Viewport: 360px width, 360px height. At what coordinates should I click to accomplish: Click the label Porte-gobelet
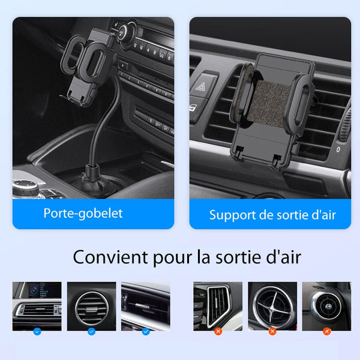pos(83,214)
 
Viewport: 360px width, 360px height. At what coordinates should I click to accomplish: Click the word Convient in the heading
pos(110,257)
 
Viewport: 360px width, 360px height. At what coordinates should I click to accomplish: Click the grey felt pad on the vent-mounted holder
pos(269,104)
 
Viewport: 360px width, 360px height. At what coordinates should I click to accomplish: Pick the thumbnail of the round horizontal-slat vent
pos(91,306)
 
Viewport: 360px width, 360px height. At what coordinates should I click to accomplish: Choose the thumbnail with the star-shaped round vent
pos(272,306)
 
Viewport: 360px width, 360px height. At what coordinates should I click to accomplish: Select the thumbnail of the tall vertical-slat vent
pos(218,306)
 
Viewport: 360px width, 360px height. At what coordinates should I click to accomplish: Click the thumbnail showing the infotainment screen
pos(37,306)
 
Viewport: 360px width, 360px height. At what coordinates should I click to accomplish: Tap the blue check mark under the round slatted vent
pos(91,332)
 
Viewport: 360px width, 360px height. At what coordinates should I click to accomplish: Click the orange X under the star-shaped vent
pos(272,332)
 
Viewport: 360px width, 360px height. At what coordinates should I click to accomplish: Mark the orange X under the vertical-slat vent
pos(218,332)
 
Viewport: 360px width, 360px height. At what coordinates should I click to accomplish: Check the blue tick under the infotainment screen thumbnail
pos(37,332)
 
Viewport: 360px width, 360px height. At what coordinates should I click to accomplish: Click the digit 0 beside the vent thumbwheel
pos(338,149)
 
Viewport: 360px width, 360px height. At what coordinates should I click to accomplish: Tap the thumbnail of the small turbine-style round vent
pos(326,306)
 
